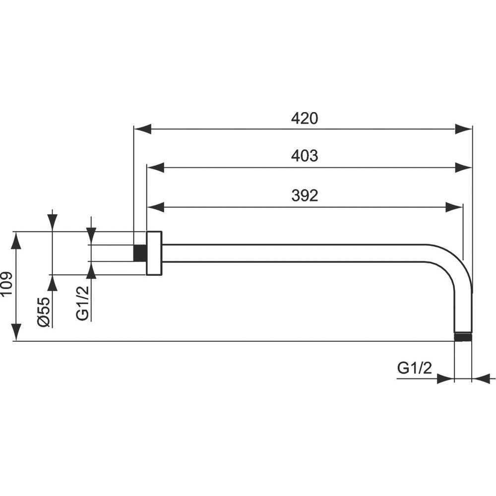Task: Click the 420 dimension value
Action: [305, 119]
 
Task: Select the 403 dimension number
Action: [305, 156]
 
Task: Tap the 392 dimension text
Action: [305, 195]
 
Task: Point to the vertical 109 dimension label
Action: [6, 283]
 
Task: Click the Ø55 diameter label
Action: [43, 311]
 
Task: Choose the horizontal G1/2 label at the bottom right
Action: [414, 368]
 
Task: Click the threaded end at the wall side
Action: [140, 253]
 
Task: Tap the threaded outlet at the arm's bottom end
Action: [463, 337]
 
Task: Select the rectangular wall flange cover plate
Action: [154, 253]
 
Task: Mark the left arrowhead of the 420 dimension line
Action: [142, 129]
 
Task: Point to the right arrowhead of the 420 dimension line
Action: [463, 129]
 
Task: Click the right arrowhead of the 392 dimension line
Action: [454, 207]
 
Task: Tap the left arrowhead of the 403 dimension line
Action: [156, 168]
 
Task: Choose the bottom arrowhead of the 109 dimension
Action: [17, 333]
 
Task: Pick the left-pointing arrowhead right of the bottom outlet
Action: [481, 378]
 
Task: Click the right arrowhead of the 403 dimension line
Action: [463, 168]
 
